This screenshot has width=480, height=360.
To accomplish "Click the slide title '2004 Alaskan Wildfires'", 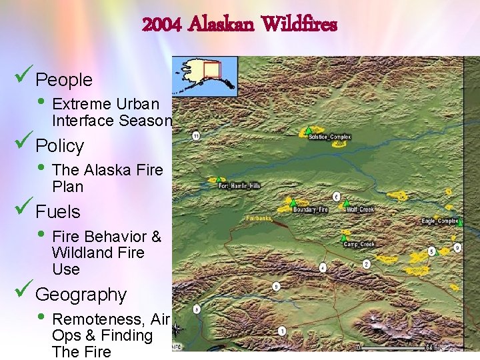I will (x=240, y=26).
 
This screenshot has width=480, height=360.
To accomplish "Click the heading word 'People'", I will (x=64, y=80).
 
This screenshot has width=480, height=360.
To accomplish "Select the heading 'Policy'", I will (x=60, y=146).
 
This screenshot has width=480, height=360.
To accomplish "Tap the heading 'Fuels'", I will (x=58, y=212).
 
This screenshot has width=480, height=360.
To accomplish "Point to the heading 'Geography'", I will (x=81, y=295).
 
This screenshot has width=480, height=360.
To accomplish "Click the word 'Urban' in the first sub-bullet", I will (x=137, y=104).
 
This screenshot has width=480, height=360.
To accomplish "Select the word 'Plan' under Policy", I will (x=67, y=187).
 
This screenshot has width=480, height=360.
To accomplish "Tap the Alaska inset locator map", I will (x=205, y=75).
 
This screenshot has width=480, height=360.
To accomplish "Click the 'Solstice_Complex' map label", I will (x=329, y=137).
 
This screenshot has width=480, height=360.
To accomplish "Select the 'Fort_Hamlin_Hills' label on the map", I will (x=239, y=185).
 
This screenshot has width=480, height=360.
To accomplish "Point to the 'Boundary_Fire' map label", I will (x=311, y=209).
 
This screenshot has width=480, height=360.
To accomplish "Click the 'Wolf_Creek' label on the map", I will (x=360, y=209).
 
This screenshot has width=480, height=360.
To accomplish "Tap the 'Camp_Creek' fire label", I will (x=359, y=245).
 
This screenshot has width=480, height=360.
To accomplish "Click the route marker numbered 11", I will (x=196, y=136).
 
